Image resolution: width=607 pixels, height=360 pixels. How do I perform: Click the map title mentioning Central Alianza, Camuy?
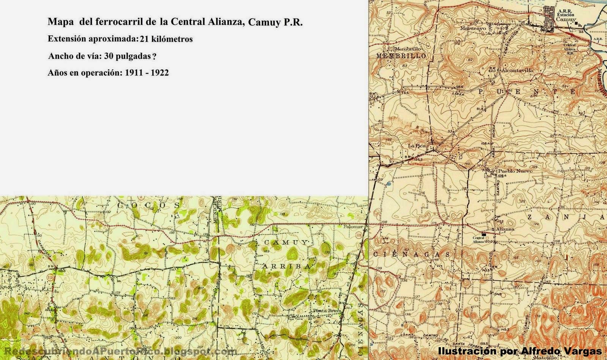[175, 22]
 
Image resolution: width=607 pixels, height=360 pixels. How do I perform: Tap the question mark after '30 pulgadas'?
[154, 57]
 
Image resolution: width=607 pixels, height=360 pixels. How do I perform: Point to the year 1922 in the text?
[160, 73]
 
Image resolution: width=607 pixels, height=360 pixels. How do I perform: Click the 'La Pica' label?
[417, 145]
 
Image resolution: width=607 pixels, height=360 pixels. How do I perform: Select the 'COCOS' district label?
[148, 205]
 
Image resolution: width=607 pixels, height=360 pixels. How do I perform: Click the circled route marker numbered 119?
[359, 236]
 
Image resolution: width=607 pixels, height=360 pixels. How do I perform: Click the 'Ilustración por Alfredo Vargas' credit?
[519, 351]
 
